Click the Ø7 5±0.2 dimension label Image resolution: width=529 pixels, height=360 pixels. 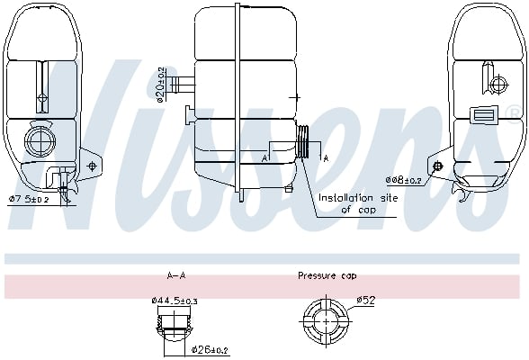[30, 199]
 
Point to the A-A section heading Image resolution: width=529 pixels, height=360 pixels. [176, 275]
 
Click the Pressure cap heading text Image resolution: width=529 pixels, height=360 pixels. [327, 275]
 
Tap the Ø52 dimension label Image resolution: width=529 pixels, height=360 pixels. [366, 300]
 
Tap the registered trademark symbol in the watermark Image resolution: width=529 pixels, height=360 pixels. [515, 112]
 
